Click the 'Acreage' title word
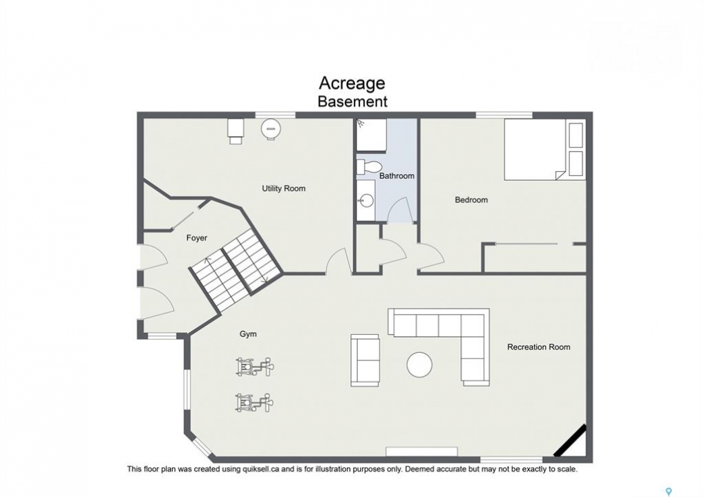tap(352, 84)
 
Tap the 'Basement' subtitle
tap(352, 101)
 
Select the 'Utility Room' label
tap(284, 188)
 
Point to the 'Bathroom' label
tap(397, 176)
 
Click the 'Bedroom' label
tap(471, 200)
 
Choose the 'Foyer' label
tap(197, 238)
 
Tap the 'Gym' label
tap(248, 334)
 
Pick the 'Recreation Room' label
tap(539, 347)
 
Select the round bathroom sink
tap(367, 200)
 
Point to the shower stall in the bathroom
tap(371, 135)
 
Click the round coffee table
tap(420, 364)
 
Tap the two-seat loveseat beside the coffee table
tap(365, 360)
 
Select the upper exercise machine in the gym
tap(254, 367)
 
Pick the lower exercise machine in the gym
tap(254, 402)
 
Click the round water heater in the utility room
tap(272, 129)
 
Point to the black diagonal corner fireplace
tap(570, 440)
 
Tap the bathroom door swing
tap(399, 210)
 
